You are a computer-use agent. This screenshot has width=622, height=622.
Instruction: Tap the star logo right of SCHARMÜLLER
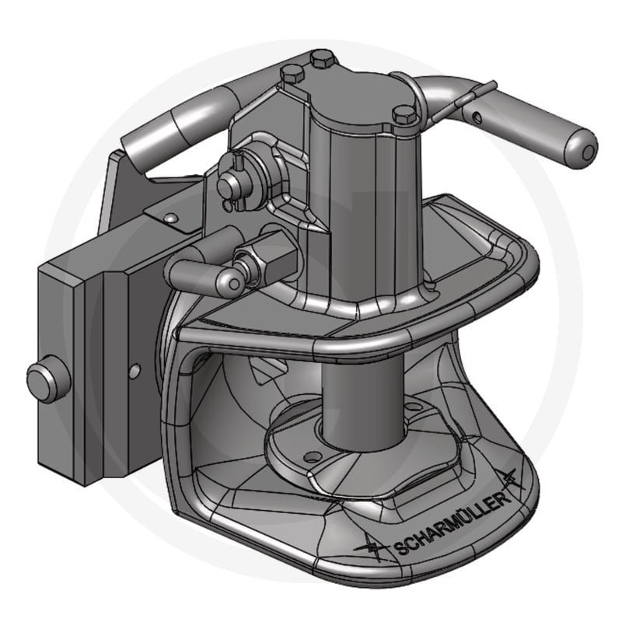tap(508, 480)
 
